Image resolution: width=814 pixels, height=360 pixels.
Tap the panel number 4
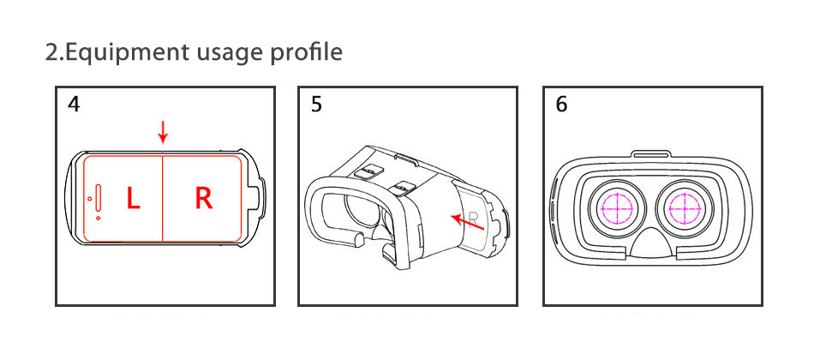pos(75,105)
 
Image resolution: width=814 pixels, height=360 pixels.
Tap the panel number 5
pos(316,105)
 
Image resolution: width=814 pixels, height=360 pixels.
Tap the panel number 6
pos(561,105)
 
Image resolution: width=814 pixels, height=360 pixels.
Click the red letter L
pos(134,199)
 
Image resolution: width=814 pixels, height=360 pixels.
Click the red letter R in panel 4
pos(204,199)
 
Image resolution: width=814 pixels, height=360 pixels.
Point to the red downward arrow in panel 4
pos(163,132)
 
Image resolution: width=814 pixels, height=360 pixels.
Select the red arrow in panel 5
pos(467,222)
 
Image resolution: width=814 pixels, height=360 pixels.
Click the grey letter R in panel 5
pos(473,218)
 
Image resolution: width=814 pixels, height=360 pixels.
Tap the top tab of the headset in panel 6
pos(650,154)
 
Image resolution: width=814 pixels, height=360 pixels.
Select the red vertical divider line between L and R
pos(163,197)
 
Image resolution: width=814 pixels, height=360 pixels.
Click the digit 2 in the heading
pos(51,52)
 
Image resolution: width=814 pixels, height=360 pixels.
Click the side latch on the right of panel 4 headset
pos(262,198)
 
